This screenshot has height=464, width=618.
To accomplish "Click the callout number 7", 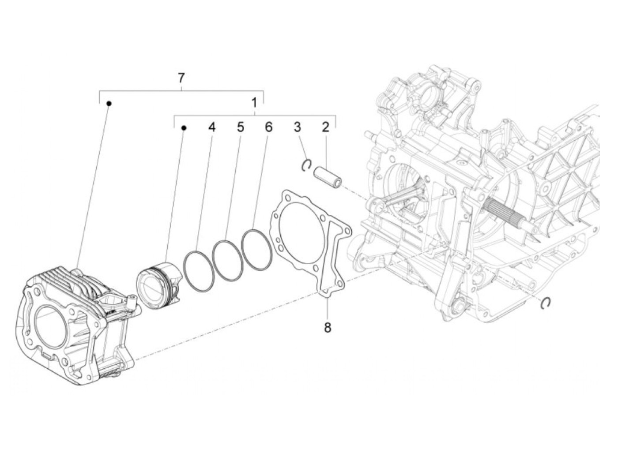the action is coord(181,79).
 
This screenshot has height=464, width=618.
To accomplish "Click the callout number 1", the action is coord(254,103).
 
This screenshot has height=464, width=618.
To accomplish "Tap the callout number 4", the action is coord(212,127).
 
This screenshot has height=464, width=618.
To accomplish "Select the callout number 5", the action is coord(240,127).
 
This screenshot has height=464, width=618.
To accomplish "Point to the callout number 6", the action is coord(268,127).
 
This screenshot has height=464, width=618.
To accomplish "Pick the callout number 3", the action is coord(298,127).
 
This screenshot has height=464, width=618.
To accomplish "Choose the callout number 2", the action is coord(325,127).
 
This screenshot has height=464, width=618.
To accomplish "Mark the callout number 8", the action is coord(328,328).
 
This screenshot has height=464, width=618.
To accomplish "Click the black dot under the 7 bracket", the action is coord(109,103).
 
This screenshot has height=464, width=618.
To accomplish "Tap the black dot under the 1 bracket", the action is coord(184,128).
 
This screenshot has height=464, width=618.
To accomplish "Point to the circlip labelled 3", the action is coord(306,165).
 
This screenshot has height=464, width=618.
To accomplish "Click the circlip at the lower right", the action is coord(546,302).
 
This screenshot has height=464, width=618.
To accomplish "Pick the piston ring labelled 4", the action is coord(199,271).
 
